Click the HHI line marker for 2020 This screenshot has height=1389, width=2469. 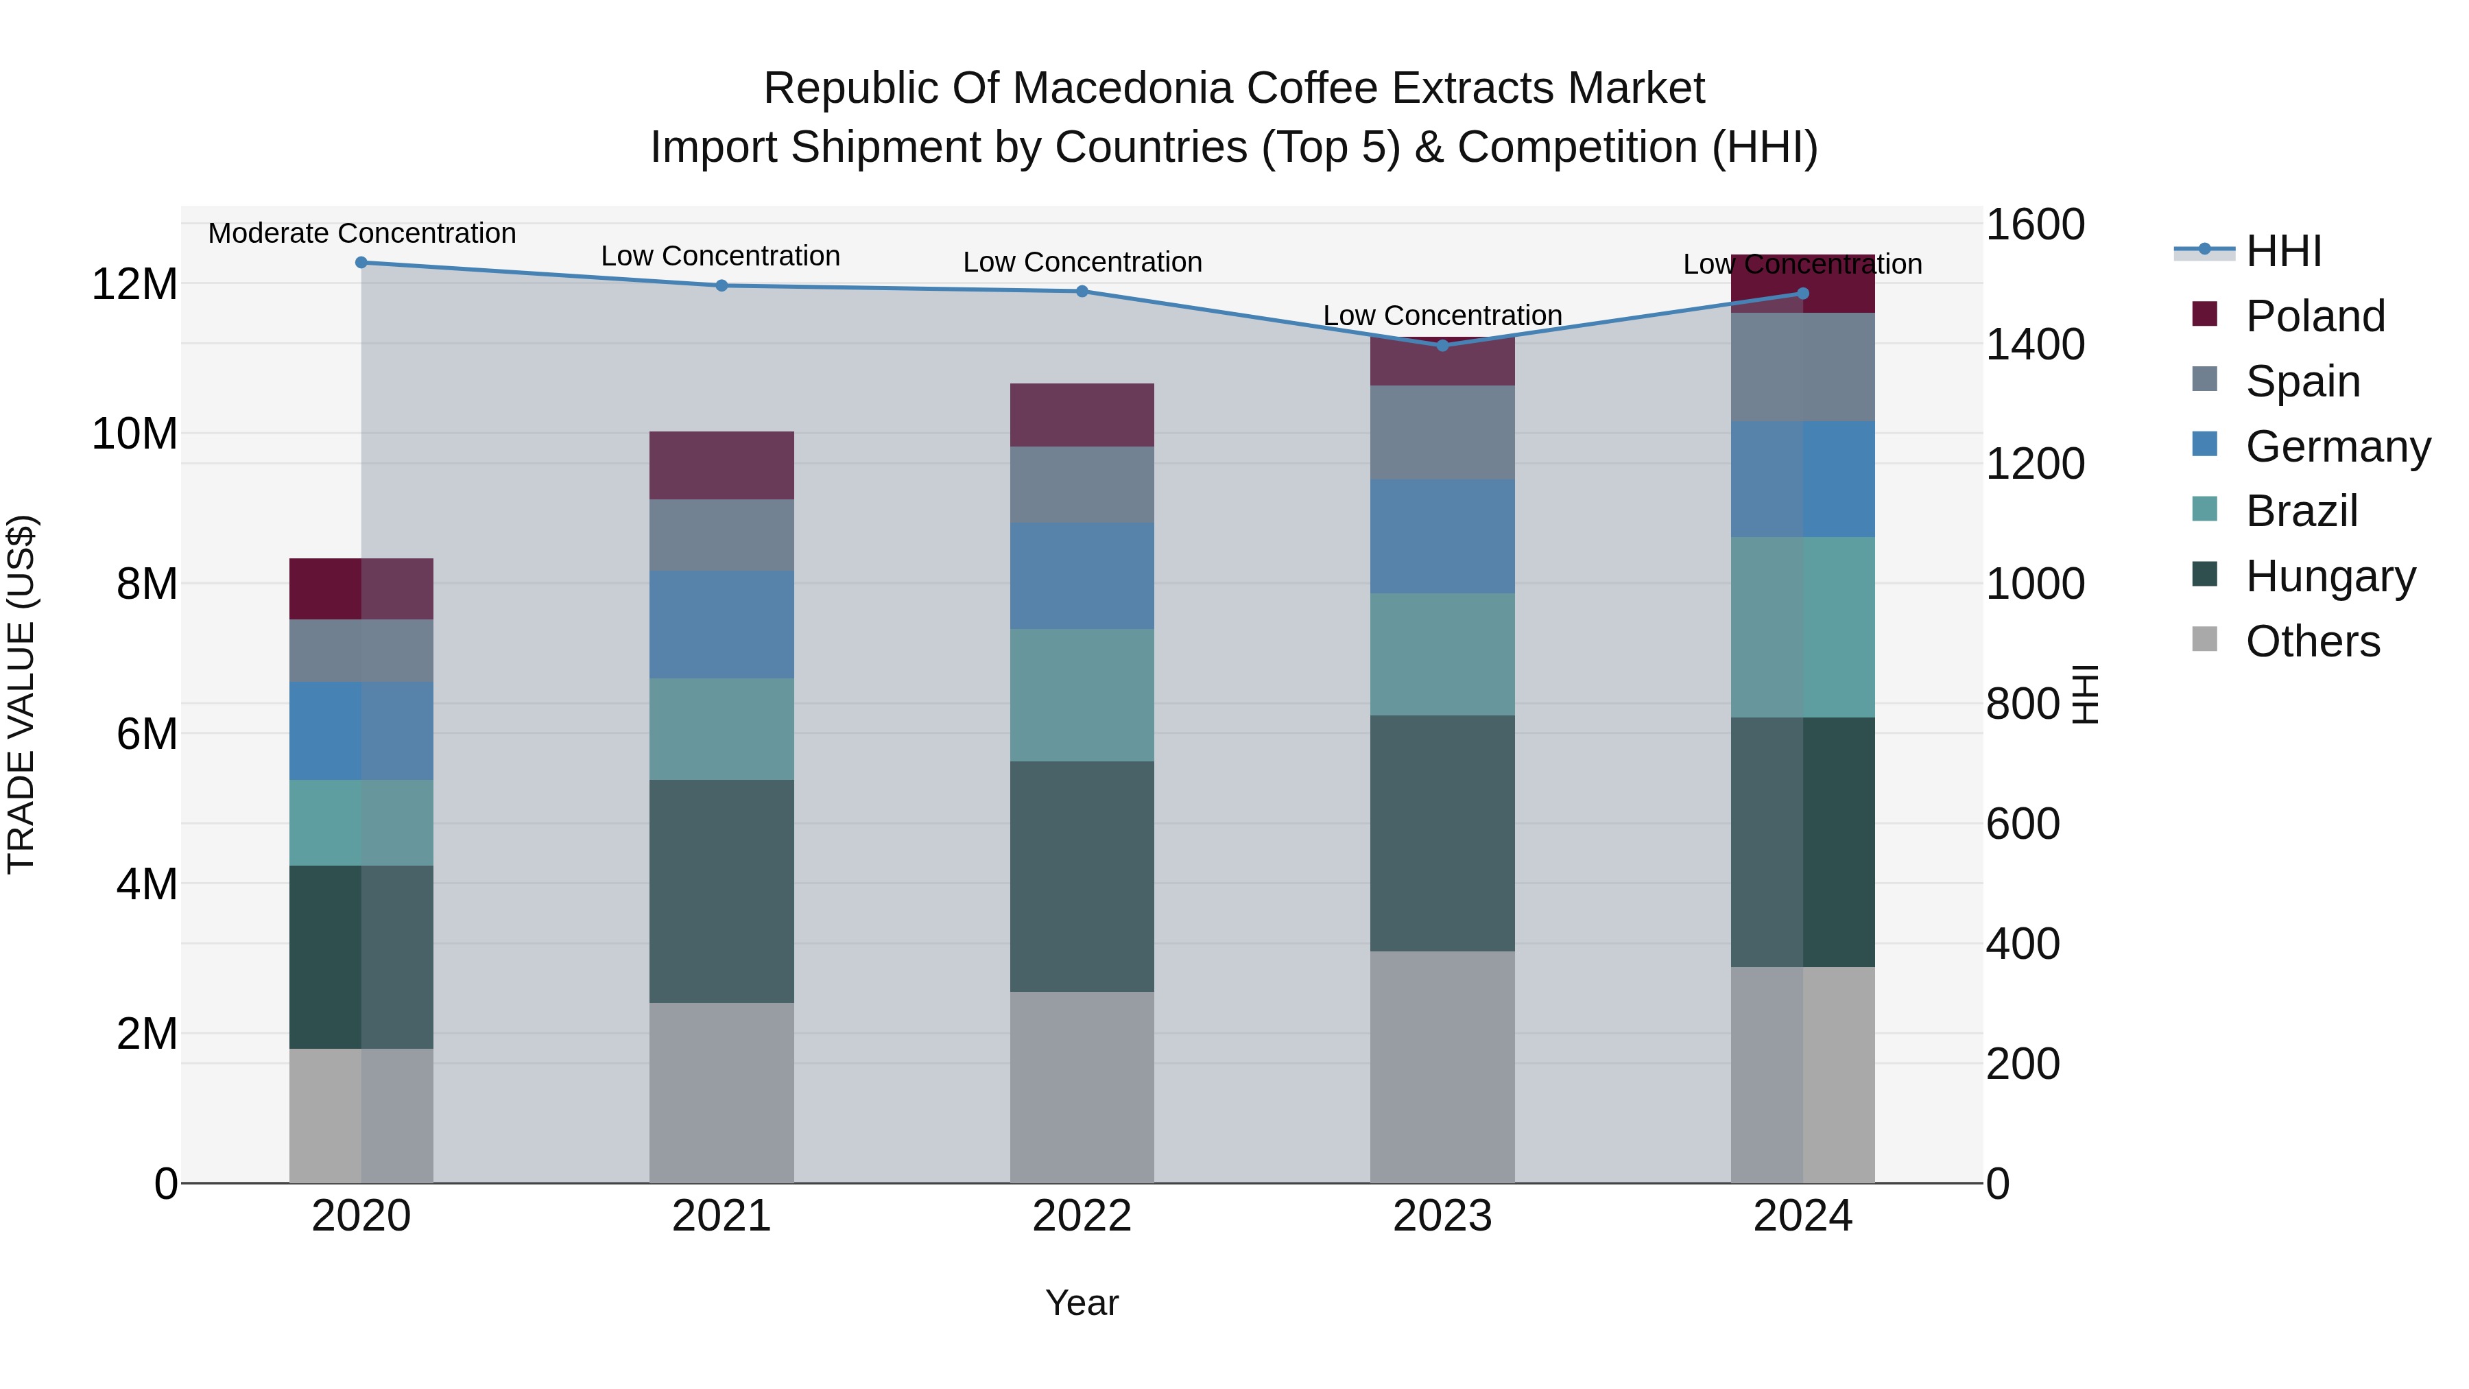tap(361, 263)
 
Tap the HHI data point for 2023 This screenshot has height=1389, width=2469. tap(1442, 345)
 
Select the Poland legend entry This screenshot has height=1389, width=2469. tap(2315, 316)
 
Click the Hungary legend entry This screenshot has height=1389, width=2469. tap(2330, 576)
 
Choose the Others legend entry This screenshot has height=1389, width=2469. tap(2312, 641)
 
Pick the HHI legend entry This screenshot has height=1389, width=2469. tap(2283, 251)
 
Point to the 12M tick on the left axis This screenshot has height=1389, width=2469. tap(134, 285)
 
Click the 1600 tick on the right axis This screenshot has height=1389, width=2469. tap(2035, 225)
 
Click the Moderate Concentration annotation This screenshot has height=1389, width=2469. tap(362, 234)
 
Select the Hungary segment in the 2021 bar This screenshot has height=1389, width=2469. tap(721, 892)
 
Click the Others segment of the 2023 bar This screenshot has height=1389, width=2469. tap(1442, 1067)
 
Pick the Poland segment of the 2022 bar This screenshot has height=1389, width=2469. tap(1082, 415)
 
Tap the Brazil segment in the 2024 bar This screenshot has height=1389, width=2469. tap(1803, 627)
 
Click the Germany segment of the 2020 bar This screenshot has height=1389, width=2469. tap(361, 731)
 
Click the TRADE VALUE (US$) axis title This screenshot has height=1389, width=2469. tap(21, 694)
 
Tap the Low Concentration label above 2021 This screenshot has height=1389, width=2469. tap(721, 257)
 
